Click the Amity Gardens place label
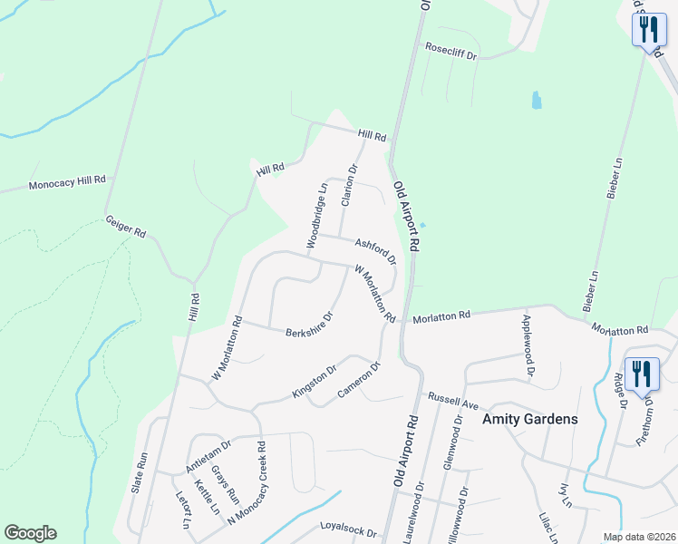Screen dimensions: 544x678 pyautogui.click(x=531, y=420)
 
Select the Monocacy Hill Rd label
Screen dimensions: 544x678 pyautogui.click(x=68, y=183)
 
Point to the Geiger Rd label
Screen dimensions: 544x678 pyautogui.click(x=126, y=227)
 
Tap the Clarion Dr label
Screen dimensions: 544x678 pyautogui.click(x=348, y=185)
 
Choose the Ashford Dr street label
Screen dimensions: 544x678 pyautogui.click(x=376, y=251)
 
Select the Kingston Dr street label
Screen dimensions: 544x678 pyautogui.click(x=315, y=382)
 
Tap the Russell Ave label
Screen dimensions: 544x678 pyautogui.click(x=452, y=398)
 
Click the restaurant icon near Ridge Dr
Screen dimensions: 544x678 pyautogui.click(x=643, y=373)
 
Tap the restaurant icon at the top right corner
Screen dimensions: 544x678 pyautogui.click(x=648, y=30)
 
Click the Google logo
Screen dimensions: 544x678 pyautogui.click(x=30, y=533)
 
